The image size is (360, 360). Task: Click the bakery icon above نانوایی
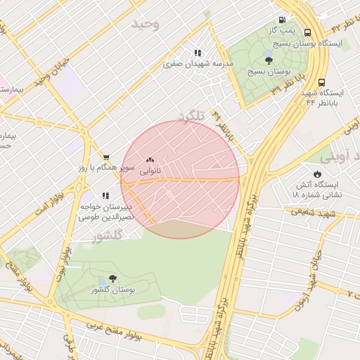click(x=150, y=160)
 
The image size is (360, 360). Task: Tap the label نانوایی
click(x=150, y=171)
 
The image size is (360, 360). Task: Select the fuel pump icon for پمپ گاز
click(x=282, y=20)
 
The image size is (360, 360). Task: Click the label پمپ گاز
click(x=281, y=32)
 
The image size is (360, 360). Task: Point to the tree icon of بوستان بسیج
click(x=269, y=60)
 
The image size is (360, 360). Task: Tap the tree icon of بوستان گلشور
click(x=112, y=278)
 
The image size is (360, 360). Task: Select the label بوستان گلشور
click(x=113, y=290)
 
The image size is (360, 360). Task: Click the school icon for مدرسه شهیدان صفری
click(x=198, y=53)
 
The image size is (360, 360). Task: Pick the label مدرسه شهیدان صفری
click(x=198, y=64)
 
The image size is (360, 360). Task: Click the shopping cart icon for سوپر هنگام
click(x=105, y=157)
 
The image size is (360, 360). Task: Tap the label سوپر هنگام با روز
click(x=105, y=169)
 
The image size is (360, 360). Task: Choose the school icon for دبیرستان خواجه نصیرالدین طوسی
click(x=105, y=195)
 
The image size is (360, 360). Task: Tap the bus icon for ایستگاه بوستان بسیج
click(x=307, y=32)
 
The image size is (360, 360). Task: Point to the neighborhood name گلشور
click(x=108, y=236)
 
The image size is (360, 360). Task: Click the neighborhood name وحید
click(x=146, y=25)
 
